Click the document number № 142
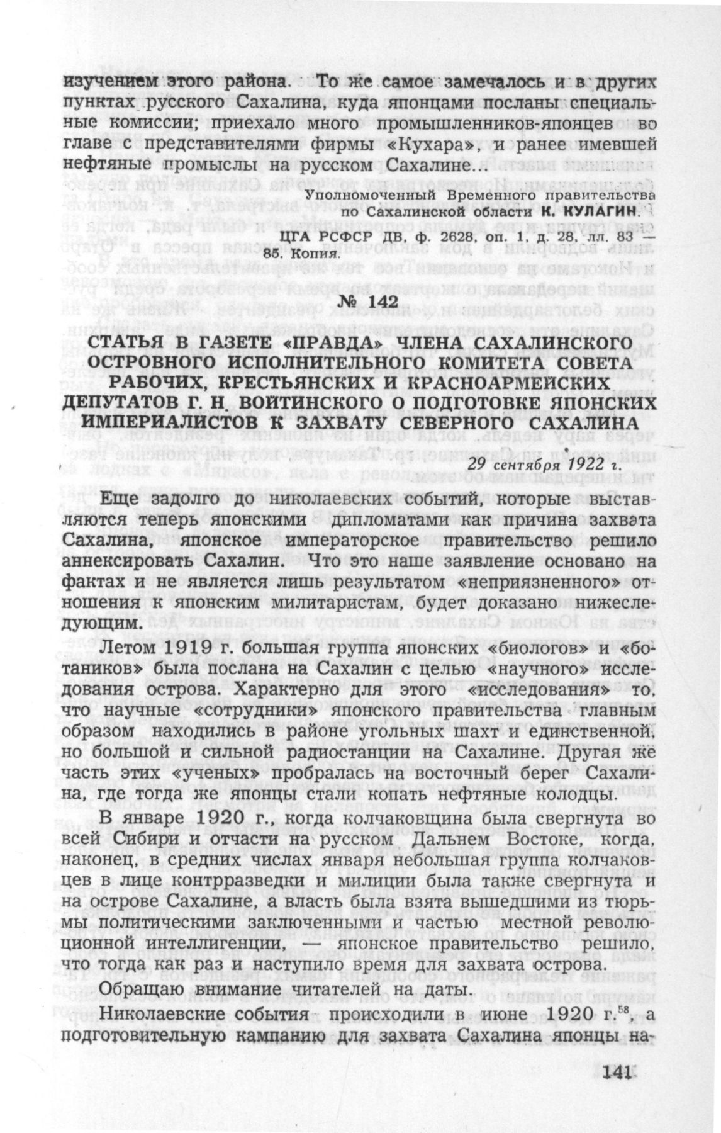367,302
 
